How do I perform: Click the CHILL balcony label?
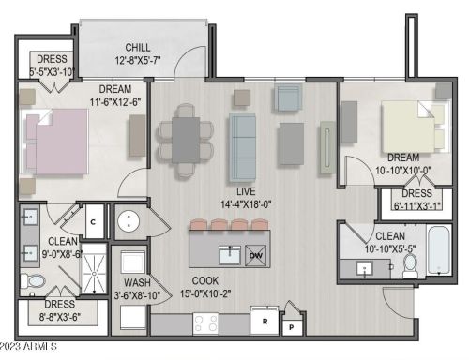140,48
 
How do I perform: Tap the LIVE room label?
246,190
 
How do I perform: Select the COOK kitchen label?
206,280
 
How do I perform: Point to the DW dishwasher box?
256,254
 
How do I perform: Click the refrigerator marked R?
267,320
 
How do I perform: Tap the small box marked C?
94,222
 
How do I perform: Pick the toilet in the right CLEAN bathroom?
410,267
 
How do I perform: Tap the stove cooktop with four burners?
205,323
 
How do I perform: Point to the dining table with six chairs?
185,139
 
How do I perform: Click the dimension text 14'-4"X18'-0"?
246,203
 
